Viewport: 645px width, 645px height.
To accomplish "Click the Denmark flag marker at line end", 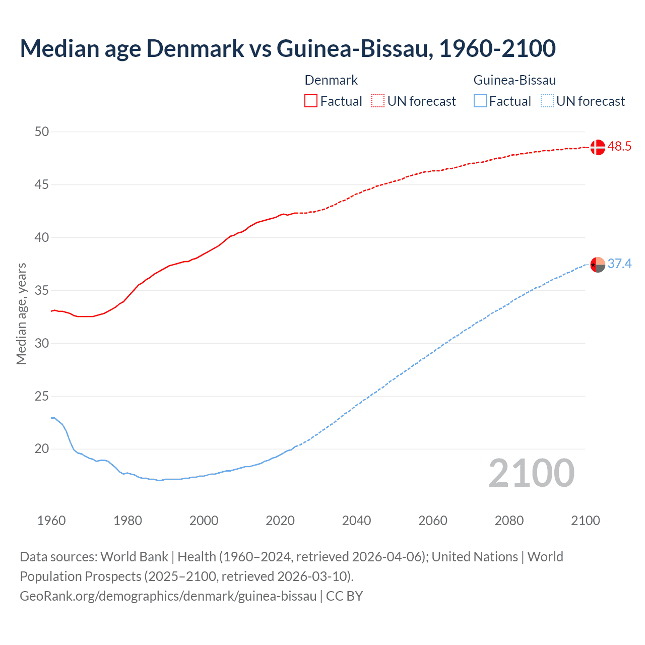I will pos(597,147).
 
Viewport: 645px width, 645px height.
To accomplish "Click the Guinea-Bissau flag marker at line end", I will pos(597,265).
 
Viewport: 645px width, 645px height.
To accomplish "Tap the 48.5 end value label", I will pos(619,147).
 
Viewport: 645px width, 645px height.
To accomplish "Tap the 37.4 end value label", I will pos(619,264).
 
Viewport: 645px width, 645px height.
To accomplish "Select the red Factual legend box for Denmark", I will pos(311,101).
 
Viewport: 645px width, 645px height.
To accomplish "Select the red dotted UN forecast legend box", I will pos(378,101).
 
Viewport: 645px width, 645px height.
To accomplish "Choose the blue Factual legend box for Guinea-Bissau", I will pos(480,101).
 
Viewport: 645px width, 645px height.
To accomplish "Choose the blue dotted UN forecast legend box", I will pos(547,101).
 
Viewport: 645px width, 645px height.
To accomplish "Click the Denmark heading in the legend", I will pos(331,80).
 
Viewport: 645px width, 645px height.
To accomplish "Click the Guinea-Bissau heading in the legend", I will pos(514,80).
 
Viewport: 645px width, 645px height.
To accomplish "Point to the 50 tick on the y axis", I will pos(42,132).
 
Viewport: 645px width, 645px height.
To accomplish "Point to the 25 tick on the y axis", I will pos(42,396).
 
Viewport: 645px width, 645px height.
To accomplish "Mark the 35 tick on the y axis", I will pos(42,291).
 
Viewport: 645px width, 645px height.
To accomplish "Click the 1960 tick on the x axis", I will pos(51,521).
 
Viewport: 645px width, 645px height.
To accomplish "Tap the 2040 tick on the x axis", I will pos(356,521).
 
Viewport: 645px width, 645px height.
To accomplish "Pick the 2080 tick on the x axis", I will pos(509,521).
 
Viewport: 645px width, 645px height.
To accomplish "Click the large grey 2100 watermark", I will pos(531,473).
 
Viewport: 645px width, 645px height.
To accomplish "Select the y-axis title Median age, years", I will pos(21,313).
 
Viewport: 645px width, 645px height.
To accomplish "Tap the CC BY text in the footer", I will pos(344,596).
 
